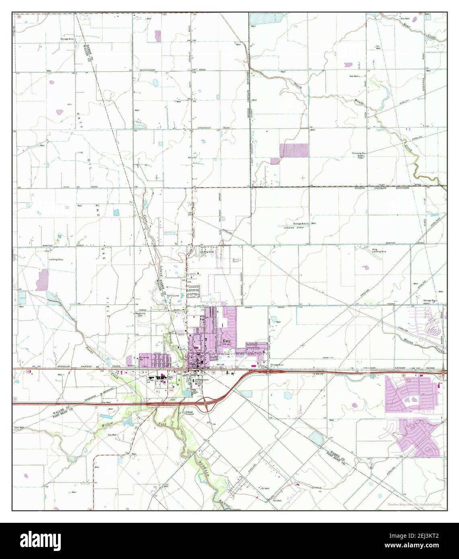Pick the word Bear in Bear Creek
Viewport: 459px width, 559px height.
408,25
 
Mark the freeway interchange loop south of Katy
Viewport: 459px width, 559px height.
206,404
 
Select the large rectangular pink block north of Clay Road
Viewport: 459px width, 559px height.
294,150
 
